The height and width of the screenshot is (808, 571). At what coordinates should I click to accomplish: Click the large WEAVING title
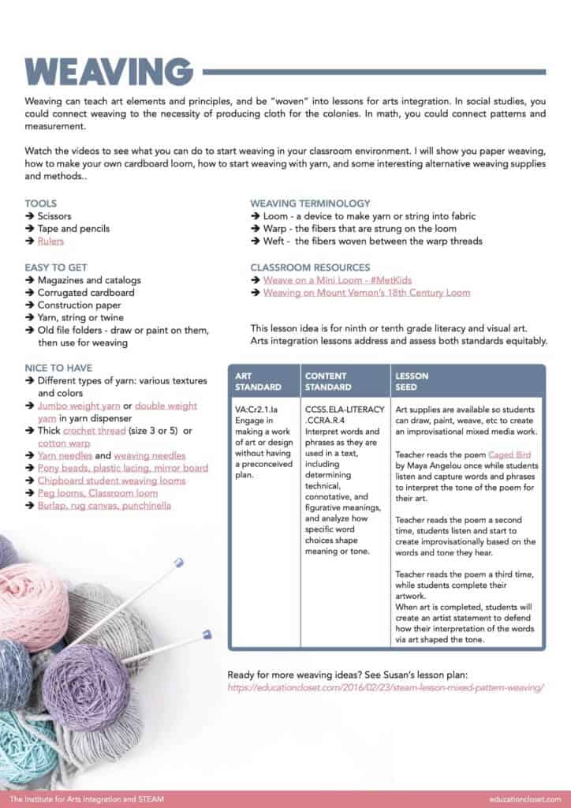(109, 72)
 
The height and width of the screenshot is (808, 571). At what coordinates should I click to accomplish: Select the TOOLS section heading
(40, 203)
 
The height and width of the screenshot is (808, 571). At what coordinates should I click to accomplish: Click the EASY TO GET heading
(56, 267)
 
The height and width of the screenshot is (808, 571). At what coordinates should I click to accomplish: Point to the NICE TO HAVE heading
(58, 368)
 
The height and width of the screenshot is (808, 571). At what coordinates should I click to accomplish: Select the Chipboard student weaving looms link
(111, 481)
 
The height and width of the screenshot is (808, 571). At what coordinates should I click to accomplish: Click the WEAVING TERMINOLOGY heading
(310, 203)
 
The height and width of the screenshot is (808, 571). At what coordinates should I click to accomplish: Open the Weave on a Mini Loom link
(338, 280)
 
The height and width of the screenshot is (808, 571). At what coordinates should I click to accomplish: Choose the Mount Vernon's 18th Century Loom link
(366, 293)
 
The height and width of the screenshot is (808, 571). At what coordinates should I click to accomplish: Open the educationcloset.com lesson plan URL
(386, 688)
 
